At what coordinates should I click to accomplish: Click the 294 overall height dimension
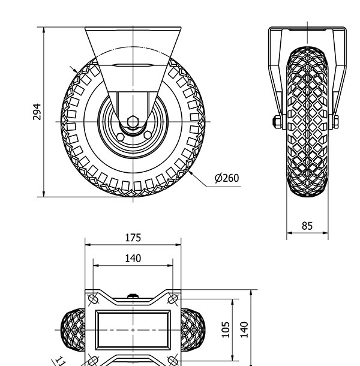(x=37, y=112)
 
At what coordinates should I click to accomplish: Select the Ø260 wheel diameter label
(x=226, y=178)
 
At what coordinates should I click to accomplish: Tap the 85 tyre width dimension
(x=307, y=226)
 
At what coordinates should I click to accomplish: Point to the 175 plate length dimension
(x=133, y=238)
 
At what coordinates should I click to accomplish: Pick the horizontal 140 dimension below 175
(x=133, y=259)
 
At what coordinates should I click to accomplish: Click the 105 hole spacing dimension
(x=226, y=329)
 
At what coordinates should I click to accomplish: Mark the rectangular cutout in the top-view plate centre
(x=133, y=330)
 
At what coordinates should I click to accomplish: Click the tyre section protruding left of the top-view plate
(x=73, y=330)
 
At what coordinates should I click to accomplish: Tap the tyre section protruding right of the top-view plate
(x=193, y=330)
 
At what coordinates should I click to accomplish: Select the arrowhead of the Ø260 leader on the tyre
(x=191, y=173)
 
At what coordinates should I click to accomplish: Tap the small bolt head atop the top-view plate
(x=133, y=296)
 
